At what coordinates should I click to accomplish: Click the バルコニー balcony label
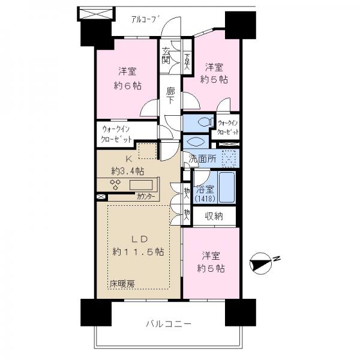[169, 324]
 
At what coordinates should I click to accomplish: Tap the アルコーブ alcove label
[145, 19]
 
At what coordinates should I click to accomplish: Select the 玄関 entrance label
[166, 55]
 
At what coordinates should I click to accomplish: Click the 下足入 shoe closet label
[187, 62]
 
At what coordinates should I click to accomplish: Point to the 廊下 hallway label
[170, 95]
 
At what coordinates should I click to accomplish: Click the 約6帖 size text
[127, 86]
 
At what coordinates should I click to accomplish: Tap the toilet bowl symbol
[205, 122]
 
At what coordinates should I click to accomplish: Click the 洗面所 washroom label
[202, 158]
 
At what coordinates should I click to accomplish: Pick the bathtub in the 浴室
[227, 187]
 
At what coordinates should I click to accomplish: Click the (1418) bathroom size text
[205, 199]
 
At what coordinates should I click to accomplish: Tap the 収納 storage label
[214, 216]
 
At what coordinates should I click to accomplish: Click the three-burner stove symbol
[115, 185]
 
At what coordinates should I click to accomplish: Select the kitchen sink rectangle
[141, 185]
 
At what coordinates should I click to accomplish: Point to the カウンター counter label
[146, 197]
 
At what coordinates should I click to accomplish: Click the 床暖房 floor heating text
[122, 284]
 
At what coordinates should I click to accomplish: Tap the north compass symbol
[260, 263]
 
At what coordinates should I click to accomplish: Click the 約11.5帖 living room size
[138, 252]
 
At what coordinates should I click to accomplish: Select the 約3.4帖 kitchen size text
[128, 171]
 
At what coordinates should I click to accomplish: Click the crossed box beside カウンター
[101, 197]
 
